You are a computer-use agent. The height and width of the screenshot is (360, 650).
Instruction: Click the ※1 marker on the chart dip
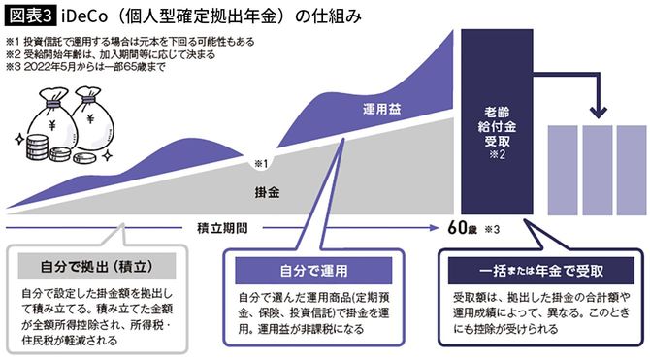point(260,161)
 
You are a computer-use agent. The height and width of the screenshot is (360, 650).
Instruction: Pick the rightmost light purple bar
point(629,171)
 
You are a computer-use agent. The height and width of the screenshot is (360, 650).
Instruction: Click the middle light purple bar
point(597,171)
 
